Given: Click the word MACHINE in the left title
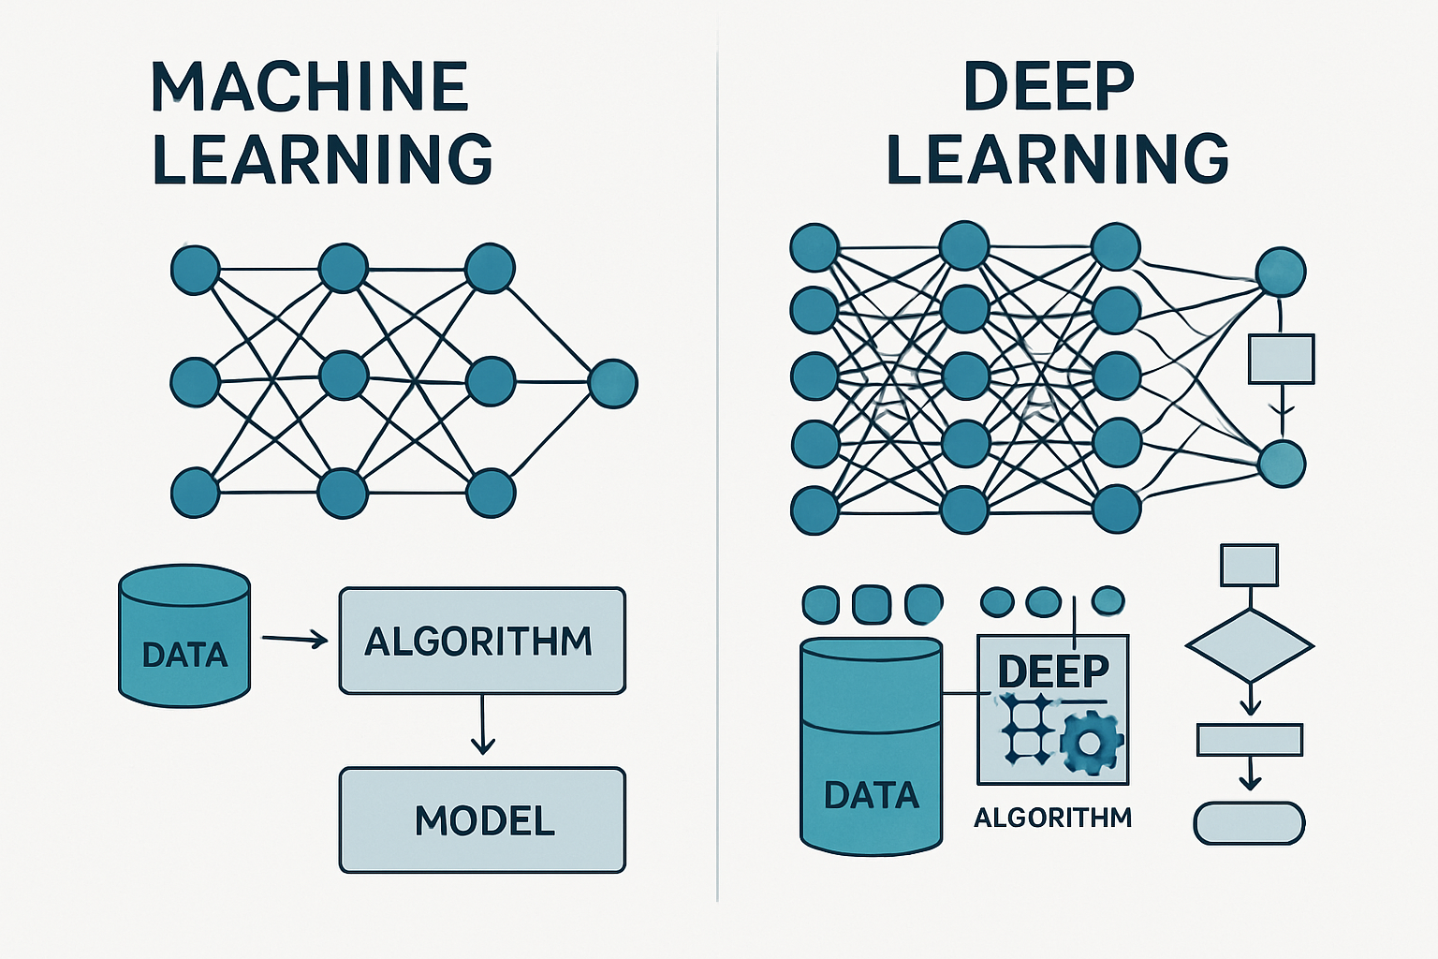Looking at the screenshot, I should (309, 87).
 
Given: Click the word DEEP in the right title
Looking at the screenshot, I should (1049, 87).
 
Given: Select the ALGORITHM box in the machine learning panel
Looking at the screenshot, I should (481, 641).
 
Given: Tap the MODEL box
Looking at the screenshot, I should (481, 820).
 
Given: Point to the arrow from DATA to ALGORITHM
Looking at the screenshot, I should (294, 640).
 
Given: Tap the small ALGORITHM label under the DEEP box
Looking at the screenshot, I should (1052, 819).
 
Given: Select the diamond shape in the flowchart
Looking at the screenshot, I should (1249, 646).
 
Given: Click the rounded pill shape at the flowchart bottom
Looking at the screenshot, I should (1249, 824).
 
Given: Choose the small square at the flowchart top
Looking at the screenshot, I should (1249, 565).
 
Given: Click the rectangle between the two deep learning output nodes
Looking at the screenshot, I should (1281, 360).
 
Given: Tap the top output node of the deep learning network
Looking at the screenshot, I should (1280, 272).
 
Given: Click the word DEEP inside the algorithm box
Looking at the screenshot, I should (1052, 671).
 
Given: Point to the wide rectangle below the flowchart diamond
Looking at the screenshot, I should (1249, 740).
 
